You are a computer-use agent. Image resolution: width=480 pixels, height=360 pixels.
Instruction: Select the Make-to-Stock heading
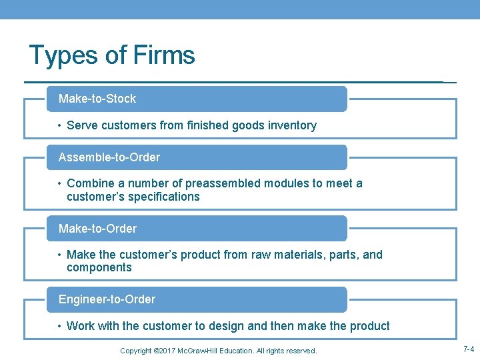pos(97,99)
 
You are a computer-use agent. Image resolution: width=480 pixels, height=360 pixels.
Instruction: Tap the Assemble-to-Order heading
pos(109,157)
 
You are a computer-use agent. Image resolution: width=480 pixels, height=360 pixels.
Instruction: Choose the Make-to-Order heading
pos(97,229)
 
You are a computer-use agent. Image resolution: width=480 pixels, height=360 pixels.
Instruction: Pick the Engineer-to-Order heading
pos(107,299)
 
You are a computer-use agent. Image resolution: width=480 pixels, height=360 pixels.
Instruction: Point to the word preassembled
pos(224,183)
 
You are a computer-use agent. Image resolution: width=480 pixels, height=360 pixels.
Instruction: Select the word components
pos(99,267)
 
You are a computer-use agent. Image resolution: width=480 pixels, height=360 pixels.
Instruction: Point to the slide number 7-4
pos(468,349)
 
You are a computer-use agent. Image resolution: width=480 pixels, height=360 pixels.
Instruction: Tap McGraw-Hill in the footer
pos(199,351)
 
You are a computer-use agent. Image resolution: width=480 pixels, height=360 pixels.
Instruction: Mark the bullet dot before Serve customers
pos(59,125)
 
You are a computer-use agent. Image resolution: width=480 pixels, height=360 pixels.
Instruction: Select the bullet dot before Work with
pos(59,326)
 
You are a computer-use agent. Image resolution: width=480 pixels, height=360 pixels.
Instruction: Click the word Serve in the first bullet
pos(82,125)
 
